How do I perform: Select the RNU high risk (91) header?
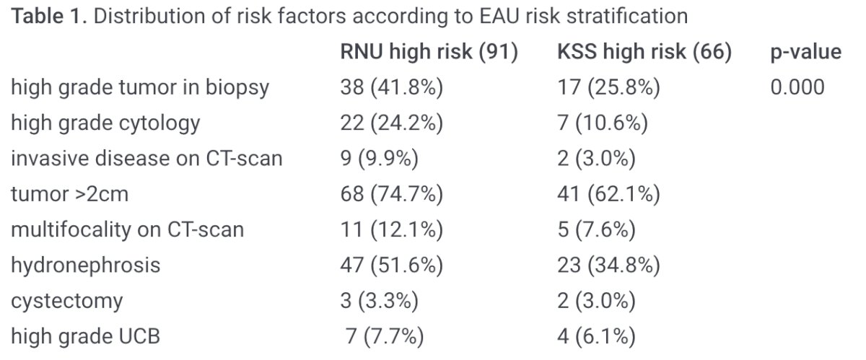tap(429, 52)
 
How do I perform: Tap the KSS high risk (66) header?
tap(644, 52)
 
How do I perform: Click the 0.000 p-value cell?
tap(797, 87)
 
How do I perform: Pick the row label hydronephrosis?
tap(85, 265)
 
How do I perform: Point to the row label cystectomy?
tap(67, 302)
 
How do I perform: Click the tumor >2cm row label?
tap(69, 194)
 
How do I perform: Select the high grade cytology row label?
tap(105, 123)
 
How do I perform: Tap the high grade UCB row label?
tap(85, 336)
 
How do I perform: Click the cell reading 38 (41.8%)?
tap(392, 87)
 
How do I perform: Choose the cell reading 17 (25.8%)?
tap(608, 87)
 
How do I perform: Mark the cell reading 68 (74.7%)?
tap(392, 194)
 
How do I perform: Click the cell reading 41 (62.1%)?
tap(608, 194)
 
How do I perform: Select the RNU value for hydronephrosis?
tap(392, 265)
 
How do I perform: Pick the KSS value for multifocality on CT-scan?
tap(597, 229)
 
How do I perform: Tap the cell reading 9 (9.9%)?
tap(380, 159)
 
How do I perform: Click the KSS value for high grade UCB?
tap(597, 336)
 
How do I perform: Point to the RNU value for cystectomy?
tap(380, 301)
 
